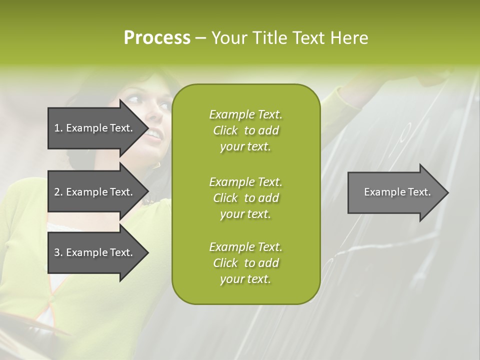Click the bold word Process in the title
157,37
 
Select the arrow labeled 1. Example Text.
95,128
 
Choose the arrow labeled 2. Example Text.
95,192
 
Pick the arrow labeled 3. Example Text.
95,252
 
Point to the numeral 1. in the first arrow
58,128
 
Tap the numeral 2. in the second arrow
58,192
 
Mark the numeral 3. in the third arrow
58,252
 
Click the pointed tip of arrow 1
146,128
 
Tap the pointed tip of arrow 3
146,252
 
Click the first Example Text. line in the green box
245,114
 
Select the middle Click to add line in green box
245,198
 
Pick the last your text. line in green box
245,279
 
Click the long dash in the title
200,38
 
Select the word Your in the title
229,37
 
